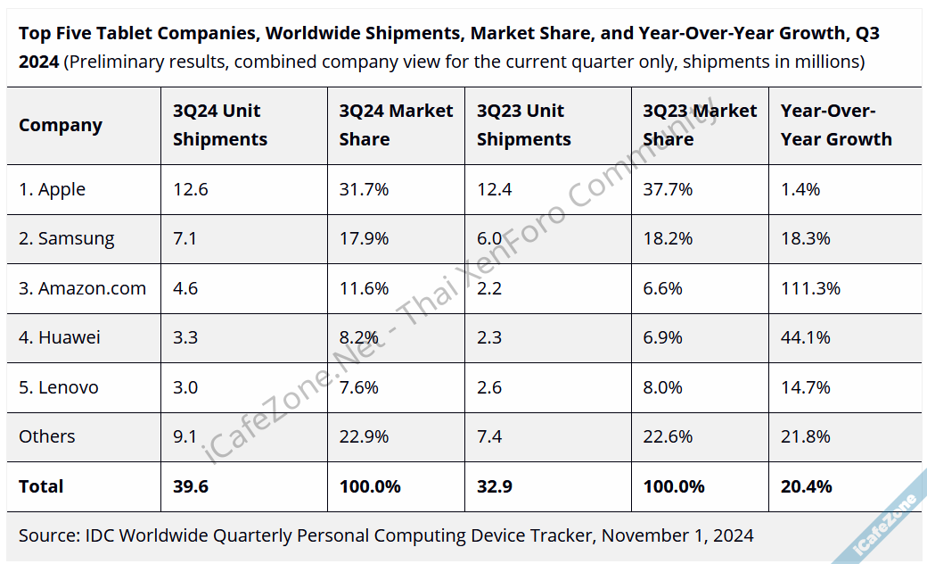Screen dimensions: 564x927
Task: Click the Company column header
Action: [x=61, y=125]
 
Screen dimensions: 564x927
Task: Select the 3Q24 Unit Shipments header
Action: [x=220, y=125]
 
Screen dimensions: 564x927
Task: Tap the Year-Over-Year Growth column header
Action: [x=836, y=125]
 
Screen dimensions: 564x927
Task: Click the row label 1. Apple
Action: [x=53, y=189]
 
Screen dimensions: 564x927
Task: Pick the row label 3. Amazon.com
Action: [x=82, y=288]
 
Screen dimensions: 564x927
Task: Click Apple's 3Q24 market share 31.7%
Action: [x=364, y=189]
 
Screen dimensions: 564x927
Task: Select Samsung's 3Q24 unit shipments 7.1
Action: [x=185, y=238]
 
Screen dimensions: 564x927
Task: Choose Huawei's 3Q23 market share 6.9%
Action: [x=662, y=337]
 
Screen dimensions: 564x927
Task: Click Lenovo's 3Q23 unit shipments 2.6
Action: [x=489, y=387]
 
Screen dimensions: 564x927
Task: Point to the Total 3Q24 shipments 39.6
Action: [x=191, y=486]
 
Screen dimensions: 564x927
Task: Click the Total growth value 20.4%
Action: [x=806, y=486]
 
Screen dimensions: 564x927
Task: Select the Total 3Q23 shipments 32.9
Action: [x=495, y=486]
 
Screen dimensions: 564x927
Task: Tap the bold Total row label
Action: [x=41, y=486]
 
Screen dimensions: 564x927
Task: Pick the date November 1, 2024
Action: [x=677, y=535]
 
